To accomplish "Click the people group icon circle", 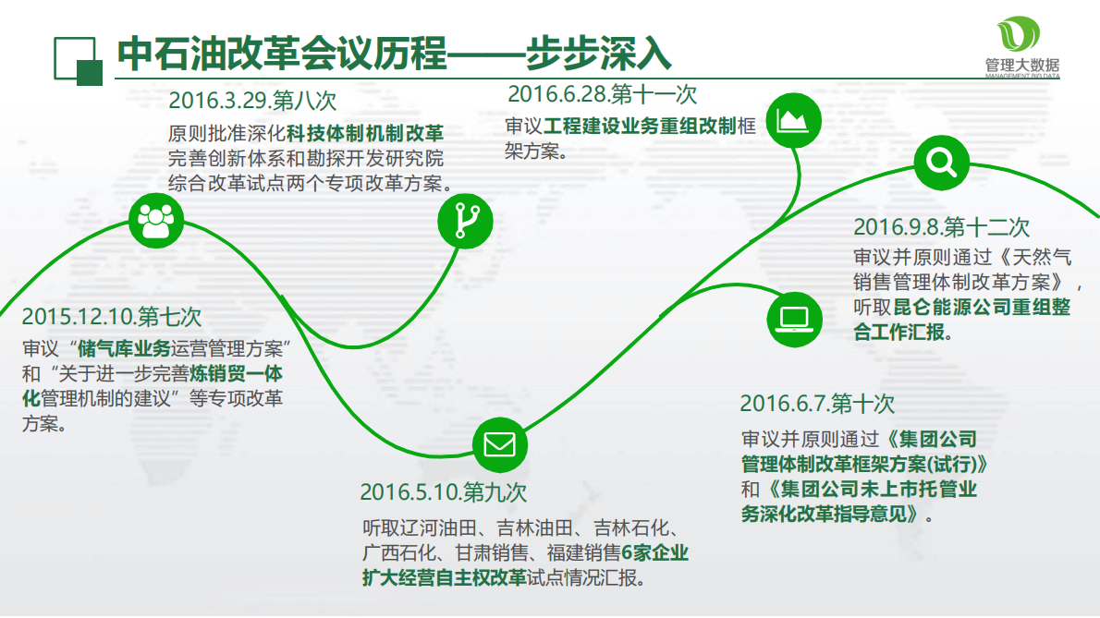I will tap(156, 220).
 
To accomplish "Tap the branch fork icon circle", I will tap(465, 222).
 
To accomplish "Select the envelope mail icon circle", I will tap(499, 444).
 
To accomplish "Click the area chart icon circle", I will tap(794, 119).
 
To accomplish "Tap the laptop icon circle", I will tap(794, 319).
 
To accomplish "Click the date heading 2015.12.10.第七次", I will tap(112, 317).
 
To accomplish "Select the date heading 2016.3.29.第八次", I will tap(252, 100).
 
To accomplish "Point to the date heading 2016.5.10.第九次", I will tap(444, 491).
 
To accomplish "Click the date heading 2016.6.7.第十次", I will tap(817, 404).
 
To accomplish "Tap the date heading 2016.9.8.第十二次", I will tap(941, 226).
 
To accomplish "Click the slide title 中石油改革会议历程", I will tap(281, 54).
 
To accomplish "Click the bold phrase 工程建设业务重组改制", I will tap(639, 126).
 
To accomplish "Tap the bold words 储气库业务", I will tap(125, 349).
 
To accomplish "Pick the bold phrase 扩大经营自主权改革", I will tap(444, 578).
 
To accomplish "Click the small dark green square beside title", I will tap(89, 73).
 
